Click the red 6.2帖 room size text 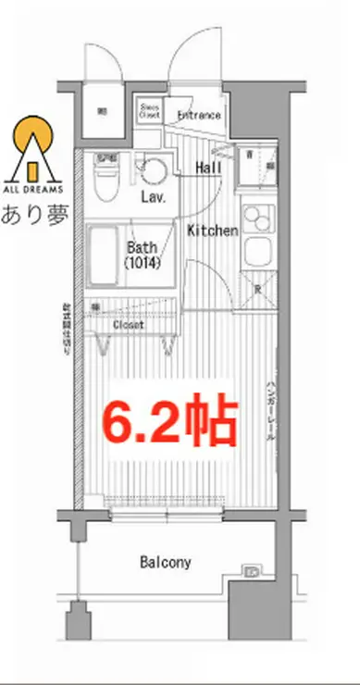point(170,422)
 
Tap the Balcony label point(166,562)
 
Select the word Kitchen point(213,230)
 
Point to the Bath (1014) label point(144,255)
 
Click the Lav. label point(153,198)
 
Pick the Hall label point(208,168)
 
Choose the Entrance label point(199,116)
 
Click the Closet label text point(129,324)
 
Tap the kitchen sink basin point(255,251)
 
